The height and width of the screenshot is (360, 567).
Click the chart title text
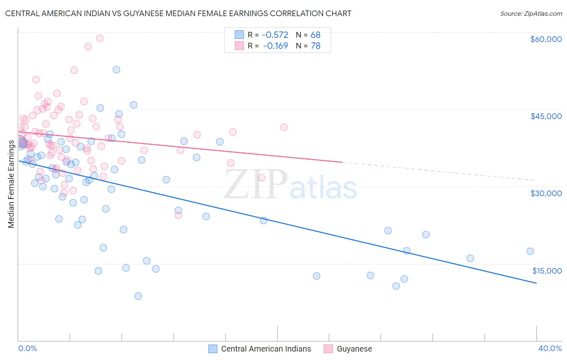pyautogui.click(x=178, y=13)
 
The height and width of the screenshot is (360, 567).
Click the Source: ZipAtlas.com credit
pyautogui.click(x=531, y=13)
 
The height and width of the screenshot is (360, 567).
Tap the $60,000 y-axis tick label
pyautogui.click(x=546, y=39)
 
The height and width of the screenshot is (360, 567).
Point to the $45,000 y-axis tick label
pyautogui.click(x=546, y=116)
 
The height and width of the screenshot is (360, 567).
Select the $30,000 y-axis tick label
pyautogui.click(x=546, y=193)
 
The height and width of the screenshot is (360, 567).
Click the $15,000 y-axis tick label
pyautogui.click(x=546, y=271)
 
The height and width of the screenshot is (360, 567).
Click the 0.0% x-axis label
pyautogui.click(x=27, y=348)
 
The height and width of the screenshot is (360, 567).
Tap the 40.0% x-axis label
pyautogui.click(x=550, y=348)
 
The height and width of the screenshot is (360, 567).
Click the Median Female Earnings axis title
pyautogui.click(x=11, y=184)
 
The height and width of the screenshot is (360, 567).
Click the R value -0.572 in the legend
pyautogui.click(x=275, y=35)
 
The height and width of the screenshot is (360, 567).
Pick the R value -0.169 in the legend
pyautogui.click(x=275, y=46)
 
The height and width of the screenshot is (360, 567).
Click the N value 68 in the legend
pyautogui.click(x=315, y=35)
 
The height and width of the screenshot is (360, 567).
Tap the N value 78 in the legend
pyautogui.click(x=315, y=46)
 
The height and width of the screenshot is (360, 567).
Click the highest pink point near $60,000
pyautogui.click(x=100, y=38)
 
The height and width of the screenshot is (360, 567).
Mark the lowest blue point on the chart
pyautogui.click(x=138, y=296)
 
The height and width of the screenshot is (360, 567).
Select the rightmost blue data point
pyautogui.click(x=530, y=251)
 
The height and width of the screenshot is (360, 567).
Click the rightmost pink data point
pyautogui.click(x=283, y=127)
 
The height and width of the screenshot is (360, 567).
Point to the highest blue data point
pyautogui.click(x=116, y=69)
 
